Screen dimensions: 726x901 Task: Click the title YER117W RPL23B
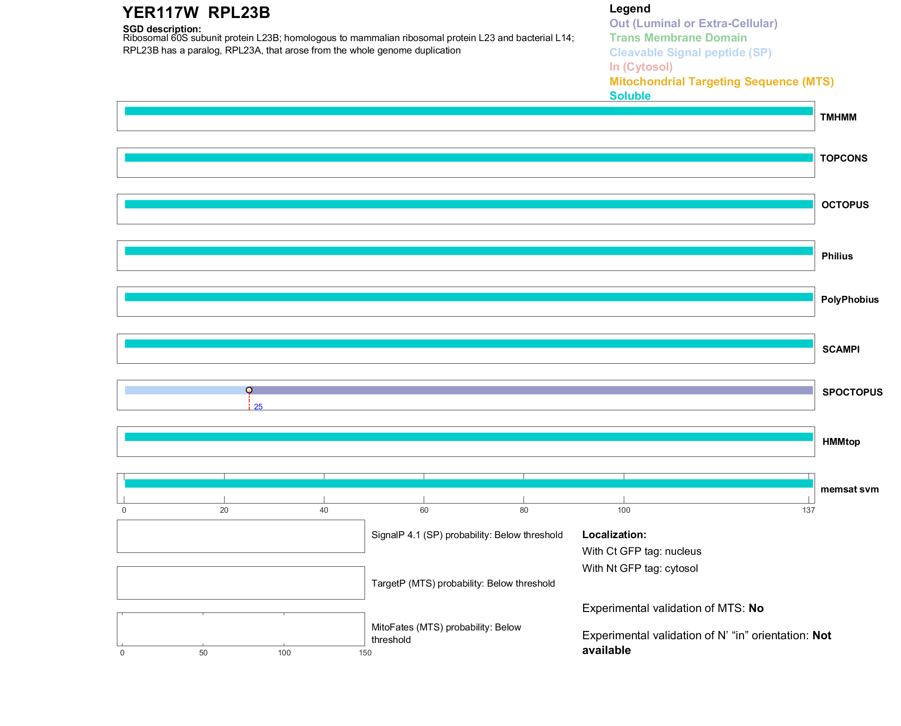point(196,13)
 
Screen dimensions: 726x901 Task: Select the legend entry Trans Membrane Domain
point(678,38)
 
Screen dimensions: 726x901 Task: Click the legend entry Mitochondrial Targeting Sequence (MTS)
point(721,82)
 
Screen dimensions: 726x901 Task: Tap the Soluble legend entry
point(630,96)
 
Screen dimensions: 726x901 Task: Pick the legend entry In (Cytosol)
point(641,67)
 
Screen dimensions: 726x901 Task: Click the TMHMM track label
point(838,117)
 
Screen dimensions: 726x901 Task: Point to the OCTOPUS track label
point(845,205)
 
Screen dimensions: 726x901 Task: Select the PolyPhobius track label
point(849,300)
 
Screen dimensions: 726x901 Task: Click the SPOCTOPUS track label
point(852,392)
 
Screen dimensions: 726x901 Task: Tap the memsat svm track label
point(849,489)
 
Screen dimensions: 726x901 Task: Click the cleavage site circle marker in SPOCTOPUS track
point(249,390)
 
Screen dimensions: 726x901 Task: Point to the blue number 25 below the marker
point(258,407)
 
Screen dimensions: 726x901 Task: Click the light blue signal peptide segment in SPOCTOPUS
point(185,390)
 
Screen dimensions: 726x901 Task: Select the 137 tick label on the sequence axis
point(809,510)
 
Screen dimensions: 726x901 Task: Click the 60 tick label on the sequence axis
point(424,510)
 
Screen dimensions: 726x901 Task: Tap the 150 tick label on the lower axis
point(365,653)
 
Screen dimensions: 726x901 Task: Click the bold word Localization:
point(614,534)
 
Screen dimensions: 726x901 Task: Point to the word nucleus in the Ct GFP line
point(683,551)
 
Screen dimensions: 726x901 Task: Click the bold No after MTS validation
point(756,608)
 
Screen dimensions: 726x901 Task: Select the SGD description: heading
point(162,29)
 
